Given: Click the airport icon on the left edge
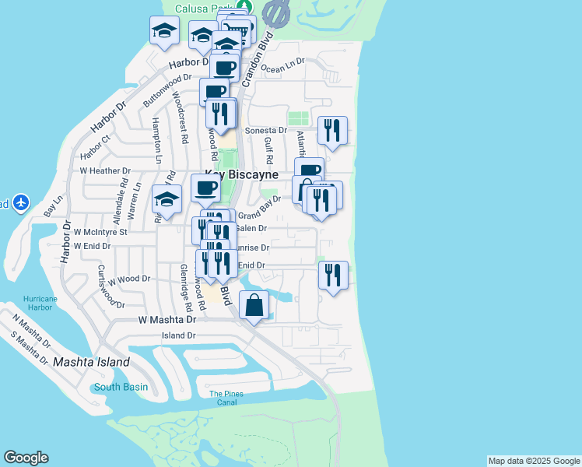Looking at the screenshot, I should pyautogui.click(x=20, y=203).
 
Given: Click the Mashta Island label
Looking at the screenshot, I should pyautogui.click(x=91, y=363).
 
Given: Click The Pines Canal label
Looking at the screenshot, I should pyautogui.click(x=226, y=398).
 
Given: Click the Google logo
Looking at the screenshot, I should pyautogui.click(x=26, y=458).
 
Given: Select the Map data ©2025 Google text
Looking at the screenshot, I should pyautogui.click(x=534, y=461).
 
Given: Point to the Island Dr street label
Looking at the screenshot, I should pyautogui.click(x=179, y=335).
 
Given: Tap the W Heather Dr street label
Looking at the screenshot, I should pyautogui.click(x=105, y=170).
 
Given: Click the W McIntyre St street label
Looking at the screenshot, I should pyautogui.click(x=94, y=231).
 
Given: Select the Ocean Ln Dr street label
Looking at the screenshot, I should pyautogui.click(x=282, y=68).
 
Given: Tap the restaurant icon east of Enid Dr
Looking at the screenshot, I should pyautogui.click(x=333, y=275).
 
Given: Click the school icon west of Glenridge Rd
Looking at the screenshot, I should pyautogui.click(x=166, y=200).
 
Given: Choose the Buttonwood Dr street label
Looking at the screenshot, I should pyautogui.click(x=167, y=90).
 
